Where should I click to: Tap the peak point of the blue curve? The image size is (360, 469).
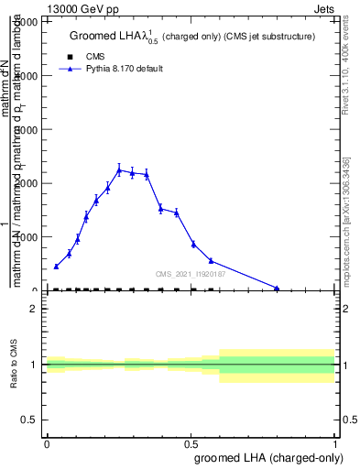pyautogui.click(x=119, y=169)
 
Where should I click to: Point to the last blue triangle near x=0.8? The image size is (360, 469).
pyautogui.click(x=277, y=288)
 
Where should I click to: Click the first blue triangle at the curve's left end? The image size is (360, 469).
pyautogui.click(x=56, y=267)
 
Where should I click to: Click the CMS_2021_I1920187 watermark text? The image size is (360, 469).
pyautogui.click(x=191, y=273)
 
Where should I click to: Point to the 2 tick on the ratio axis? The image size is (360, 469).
pyautogui.click(x=34, y=309)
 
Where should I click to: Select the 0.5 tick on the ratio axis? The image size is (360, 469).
pyautogui.click(x=29, y=420)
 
